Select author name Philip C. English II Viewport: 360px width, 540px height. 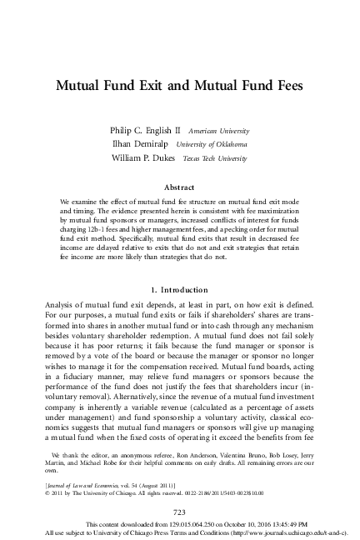145,132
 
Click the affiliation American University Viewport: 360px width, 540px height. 219,132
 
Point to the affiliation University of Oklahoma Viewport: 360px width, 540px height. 221,145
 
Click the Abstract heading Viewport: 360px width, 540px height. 180,188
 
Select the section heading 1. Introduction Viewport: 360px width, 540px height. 180,288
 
